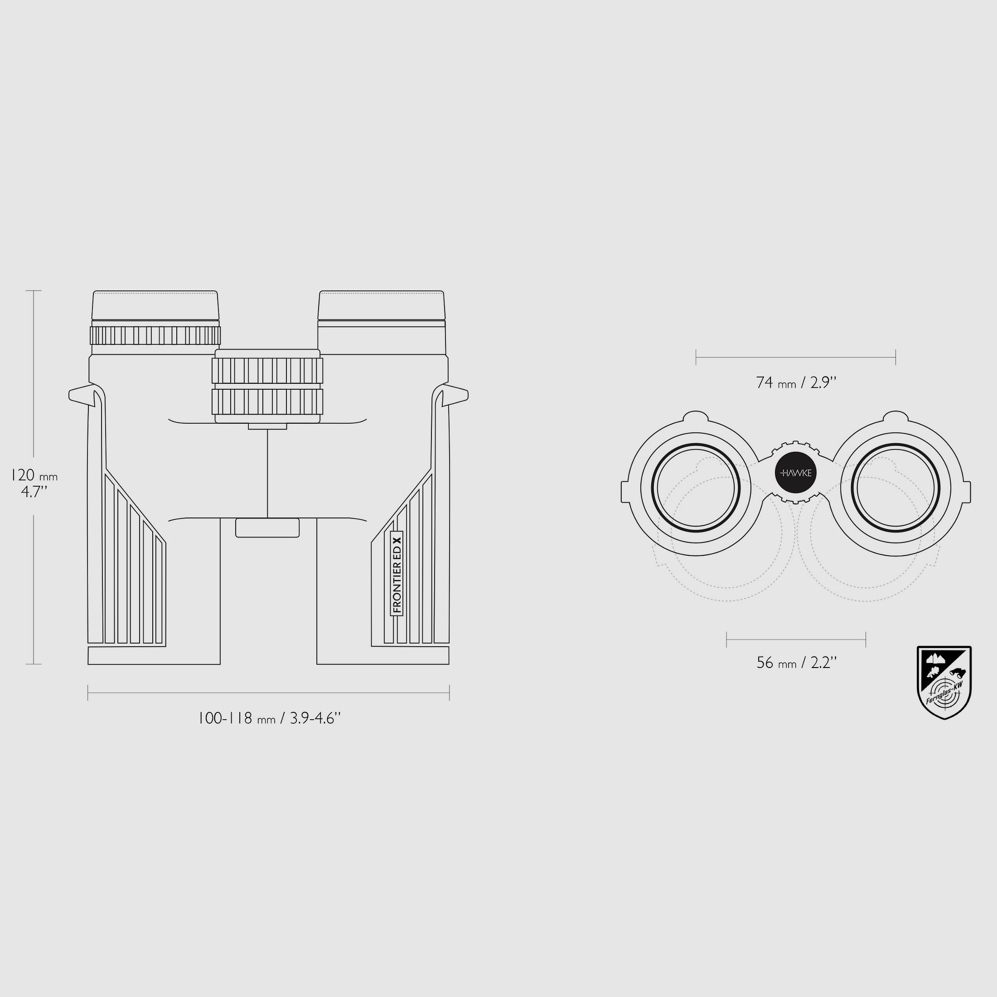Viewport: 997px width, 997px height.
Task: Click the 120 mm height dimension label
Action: click(x=34, y=483)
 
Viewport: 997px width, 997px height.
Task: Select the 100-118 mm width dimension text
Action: click(x=269, y=718)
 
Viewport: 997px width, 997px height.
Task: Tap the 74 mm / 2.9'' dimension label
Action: click(x=796, y=382)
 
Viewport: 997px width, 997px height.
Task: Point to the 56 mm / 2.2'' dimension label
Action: click(x=796, y=663)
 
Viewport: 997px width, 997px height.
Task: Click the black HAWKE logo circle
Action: click(x=796, y=473)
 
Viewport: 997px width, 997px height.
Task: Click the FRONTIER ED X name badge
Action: click(x=397, y=573)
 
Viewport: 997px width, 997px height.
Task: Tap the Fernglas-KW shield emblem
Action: click(x=944, y=682)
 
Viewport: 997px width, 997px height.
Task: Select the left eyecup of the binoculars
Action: click(x=155, y=306)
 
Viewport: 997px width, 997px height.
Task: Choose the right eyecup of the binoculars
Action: click(x=382, y=306)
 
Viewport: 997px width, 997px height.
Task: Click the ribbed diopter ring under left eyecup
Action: click(x=155, y=335)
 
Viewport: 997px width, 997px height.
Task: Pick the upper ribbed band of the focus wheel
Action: click(x=267, y=370)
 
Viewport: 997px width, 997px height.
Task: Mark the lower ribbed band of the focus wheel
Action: click(x=267, y=402)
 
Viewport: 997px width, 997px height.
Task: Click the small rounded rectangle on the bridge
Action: click(x=267, y=528)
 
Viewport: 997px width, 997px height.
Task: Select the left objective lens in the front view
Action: click(x=696, y=487)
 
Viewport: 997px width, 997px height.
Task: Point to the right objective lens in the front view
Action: click(x=895, y=487)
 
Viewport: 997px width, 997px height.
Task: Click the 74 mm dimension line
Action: click(x=796, y=357)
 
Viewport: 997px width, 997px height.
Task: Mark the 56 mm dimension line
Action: click(x=796, y=639)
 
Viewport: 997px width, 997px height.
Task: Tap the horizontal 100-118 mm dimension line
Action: click(x=268, y=692)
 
